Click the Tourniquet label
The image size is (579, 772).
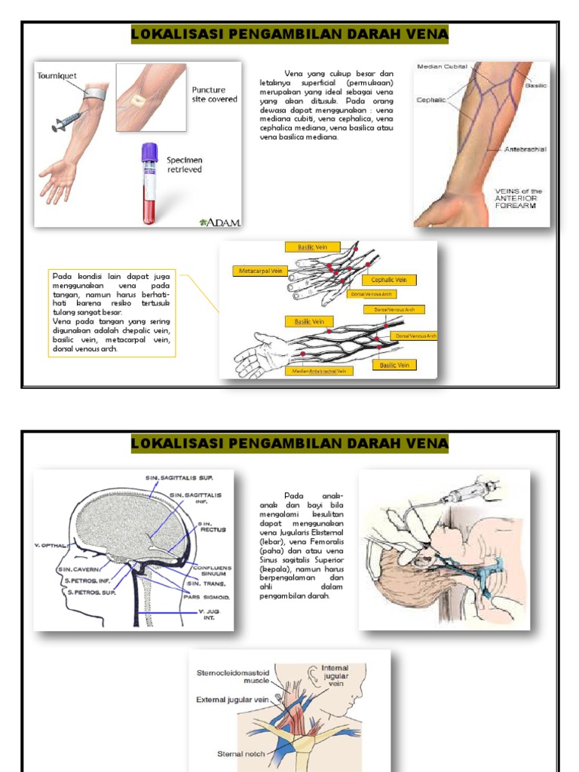point(58,76)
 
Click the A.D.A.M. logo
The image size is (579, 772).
point(219,222)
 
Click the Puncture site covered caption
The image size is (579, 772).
point(214,94)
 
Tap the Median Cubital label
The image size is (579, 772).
point(444,66)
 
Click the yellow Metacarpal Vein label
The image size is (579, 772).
point(260,269)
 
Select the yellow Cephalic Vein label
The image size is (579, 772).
point(392,280)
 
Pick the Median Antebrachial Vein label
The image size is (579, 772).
point(319,371)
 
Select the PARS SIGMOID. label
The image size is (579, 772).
point(207,596)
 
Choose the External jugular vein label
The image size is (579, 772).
point(232,700)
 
